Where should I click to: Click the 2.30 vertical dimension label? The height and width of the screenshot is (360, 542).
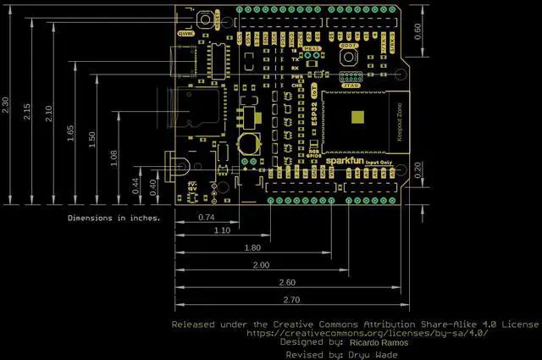point(8,106)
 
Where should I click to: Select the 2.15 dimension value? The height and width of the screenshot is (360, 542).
point(27,111)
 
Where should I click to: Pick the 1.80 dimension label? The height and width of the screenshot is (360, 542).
point(252,247)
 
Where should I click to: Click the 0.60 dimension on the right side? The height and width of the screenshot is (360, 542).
point(417,28)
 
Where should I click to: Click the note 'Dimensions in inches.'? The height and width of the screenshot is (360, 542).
point(114,218)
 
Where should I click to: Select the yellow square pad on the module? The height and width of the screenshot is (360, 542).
point(359,118)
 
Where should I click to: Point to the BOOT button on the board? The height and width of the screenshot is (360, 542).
point(347,57)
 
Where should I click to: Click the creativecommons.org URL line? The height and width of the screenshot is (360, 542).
point(367,333)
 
